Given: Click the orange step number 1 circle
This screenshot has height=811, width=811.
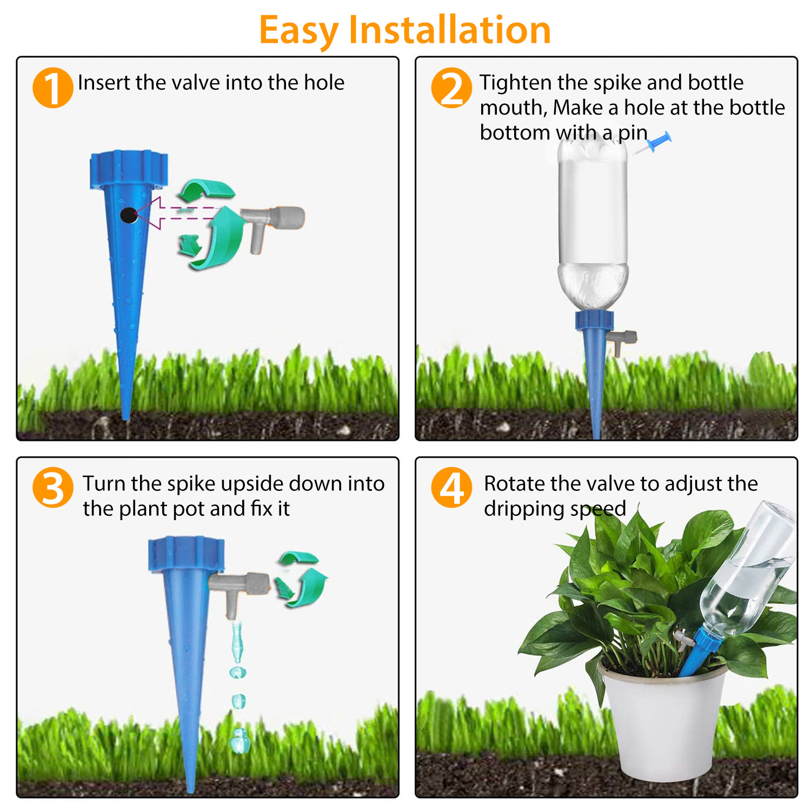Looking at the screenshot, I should click(x=52, y=88).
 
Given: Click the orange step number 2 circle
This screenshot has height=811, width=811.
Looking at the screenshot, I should click(x=451, y=88).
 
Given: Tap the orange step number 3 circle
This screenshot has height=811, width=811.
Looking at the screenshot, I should click(x=52, y=488).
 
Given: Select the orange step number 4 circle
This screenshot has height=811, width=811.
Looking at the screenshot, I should click(x=451, y=488).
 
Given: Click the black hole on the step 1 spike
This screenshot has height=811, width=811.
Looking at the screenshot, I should click(x=128, y=215).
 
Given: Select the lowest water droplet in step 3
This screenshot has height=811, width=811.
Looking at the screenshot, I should click(x=238, y=740).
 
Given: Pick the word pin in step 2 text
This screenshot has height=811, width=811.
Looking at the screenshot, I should click(x=633, y=132).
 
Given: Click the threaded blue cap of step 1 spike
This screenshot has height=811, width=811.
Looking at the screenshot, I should click(x=129, y=169).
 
